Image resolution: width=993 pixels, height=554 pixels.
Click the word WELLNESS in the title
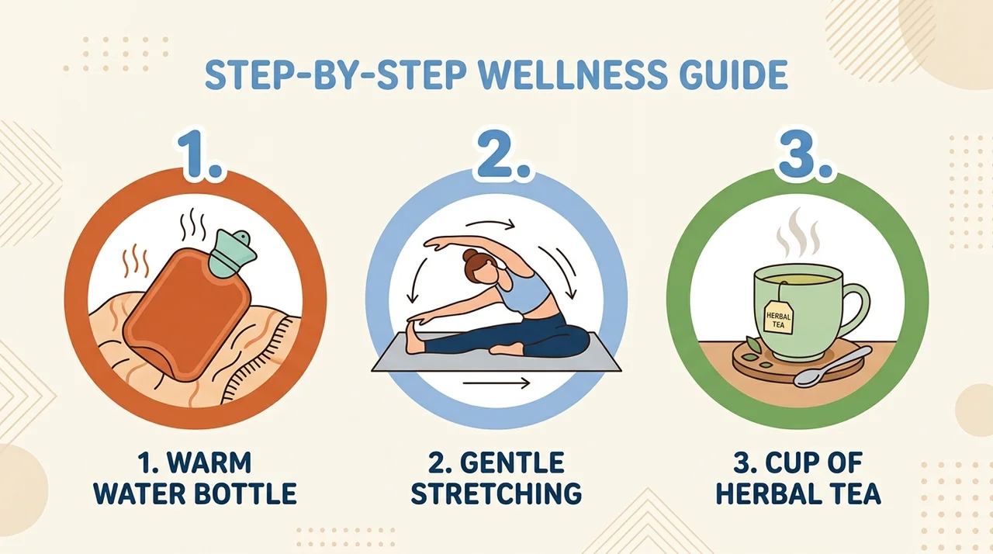(572, 75)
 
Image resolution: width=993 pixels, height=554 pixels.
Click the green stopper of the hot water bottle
(232, 253)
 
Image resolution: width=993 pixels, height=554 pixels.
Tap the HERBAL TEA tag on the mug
(778, 317)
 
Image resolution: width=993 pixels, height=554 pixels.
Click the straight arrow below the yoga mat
(496, 383)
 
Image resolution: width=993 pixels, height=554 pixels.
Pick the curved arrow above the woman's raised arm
(490, 223)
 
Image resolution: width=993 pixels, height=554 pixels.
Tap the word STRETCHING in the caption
(496, 493)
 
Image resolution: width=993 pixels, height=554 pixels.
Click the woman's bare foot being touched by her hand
(414, 337)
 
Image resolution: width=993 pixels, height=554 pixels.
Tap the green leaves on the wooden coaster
(756, 351)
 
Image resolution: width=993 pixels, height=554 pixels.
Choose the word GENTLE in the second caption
(512, 462)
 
